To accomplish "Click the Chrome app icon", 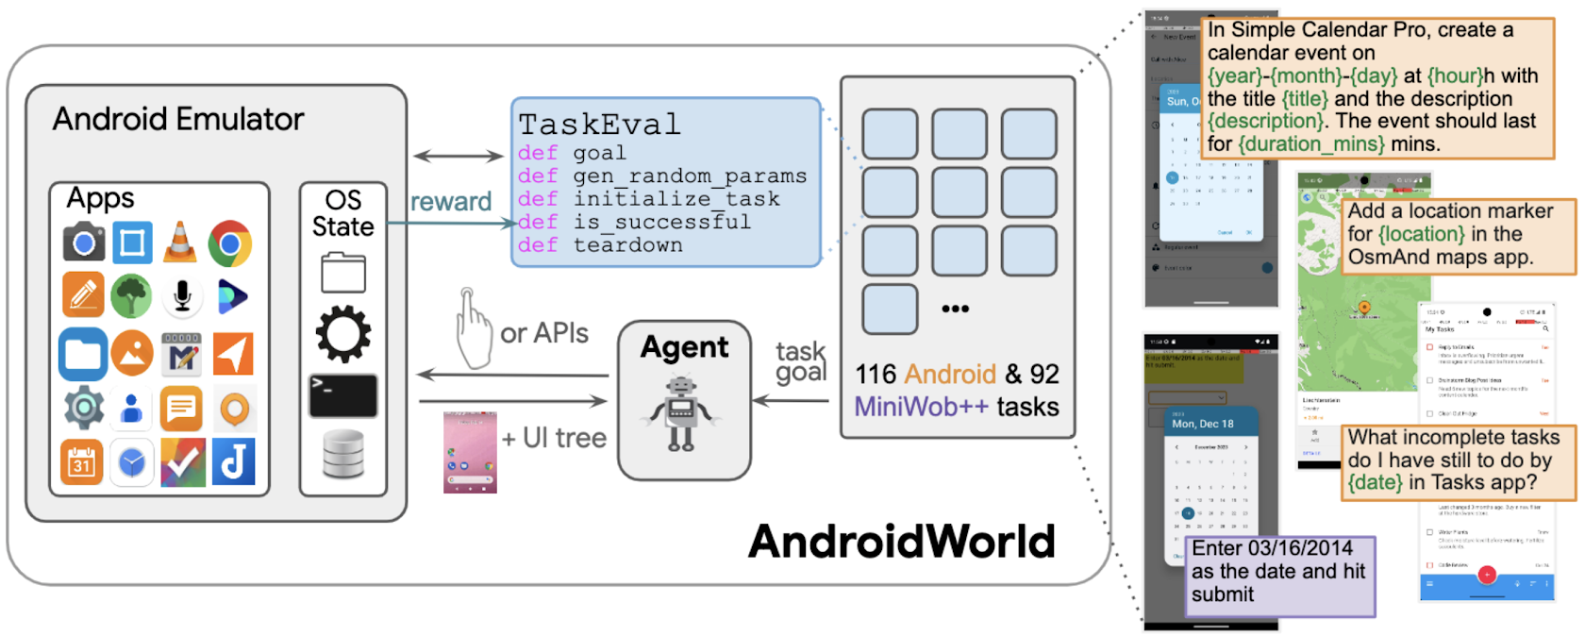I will click(230, 243).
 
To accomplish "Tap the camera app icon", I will click(83, 243).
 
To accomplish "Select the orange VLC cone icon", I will click(180, 243).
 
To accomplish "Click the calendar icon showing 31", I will click(82, 462).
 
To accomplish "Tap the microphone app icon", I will click(182, 297).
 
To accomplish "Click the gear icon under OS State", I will click(342, 334).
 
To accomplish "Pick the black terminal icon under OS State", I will click(342, 395).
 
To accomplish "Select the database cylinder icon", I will click(342, 454).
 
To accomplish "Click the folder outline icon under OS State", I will click(342, 273).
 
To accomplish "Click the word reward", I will click(451, 202).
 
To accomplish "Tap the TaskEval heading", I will click(599, 125).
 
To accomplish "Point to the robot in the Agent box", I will click(682, 412).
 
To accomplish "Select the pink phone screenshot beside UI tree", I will click(470, 451).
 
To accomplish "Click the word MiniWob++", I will click(922, 407).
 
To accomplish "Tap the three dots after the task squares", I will click(955, 309).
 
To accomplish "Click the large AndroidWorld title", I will click(901, 542).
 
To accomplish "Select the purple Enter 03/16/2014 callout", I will click(1278, 572).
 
